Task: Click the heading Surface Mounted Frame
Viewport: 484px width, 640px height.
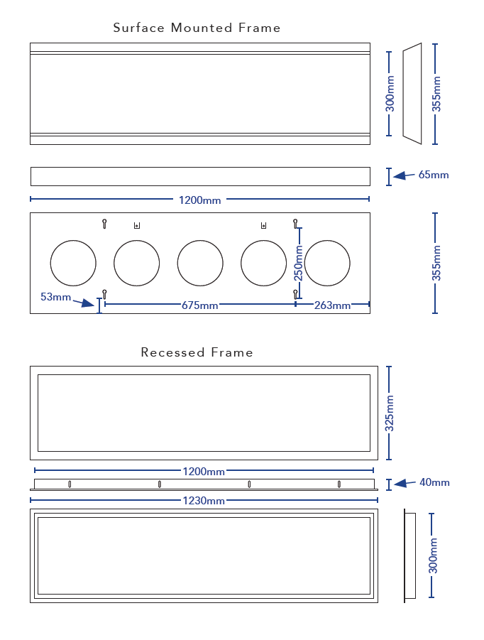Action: pos(197,28)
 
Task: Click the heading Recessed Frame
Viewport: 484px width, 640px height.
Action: pos(197,352)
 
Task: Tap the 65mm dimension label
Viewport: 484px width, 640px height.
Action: pos(434,175)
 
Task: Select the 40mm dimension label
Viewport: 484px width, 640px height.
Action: pos(434,482)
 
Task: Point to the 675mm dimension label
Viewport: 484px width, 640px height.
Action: pos(199,305)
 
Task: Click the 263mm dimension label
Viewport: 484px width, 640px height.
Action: pos(332,305)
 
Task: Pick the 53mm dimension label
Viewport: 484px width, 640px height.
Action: pos(55,297)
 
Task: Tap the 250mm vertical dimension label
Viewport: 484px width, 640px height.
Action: pos(298,263)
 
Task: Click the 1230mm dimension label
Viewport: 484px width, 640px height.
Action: pos(204,501)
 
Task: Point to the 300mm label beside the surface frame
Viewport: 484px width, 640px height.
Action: pos(390,94)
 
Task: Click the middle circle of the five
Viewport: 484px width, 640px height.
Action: pos(200,264)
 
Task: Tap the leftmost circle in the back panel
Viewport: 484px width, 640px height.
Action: pos(73,264)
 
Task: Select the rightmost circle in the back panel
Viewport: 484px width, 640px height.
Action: pos(327,264)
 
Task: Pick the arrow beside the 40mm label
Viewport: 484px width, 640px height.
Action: pos(405,483)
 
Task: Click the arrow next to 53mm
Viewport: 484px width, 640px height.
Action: pos(87,303)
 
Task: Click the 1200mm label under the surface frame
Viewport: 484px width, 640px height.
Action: pos(199,200)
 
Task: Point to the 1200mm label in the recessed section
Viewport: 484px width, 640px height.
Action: pos(204,472)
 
